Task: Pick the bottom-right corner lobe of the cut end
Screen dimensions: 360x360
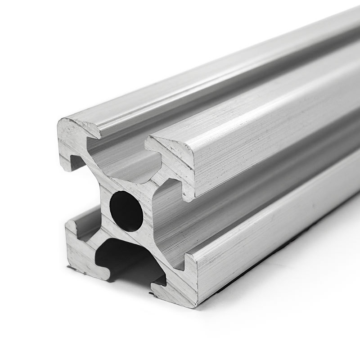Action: (x=180, y=288)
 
